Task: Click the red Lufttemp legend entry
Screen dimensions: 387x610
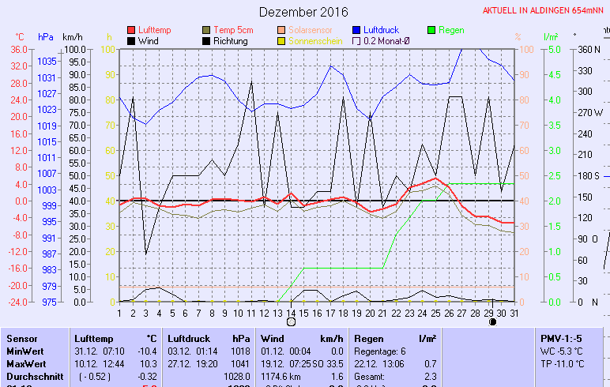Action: [154, 29]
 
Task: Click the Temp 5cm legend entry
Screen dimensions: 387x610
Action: [230, 29]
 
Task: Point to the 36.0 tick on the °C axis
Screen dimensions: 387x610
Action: [19, 49]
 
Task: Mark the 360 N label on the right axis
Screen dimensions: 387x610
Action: [589, 49]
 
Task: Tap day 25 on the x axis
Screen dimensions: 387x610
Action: [435, 313]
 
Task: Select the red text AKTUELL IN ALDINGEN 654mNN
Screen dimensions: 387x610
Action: [545, 11]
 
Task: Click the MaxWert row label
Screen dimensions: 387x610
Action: [24, 363]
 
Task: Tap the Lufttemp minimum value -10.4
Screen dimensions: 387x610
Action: [147, 351]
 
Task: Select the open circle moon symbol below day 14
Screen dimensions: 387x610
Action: [291, 322]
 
